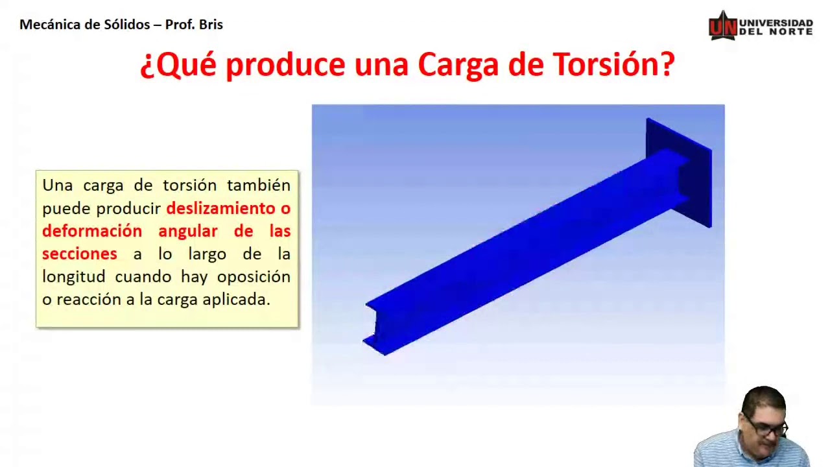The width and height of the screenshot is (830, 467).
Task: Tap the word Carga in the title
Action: [x=462, y=65]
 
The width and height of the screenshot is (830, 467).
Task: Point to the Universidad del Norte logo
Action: [x=760, y=26]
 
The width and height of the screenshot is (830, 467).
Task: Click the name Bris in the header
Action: [x=210, y=25]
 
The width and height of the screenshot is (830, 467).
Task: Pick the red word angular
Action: [x=188, y=231]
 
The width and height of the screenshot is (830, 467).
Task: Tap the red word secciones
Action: [x=79, y=254]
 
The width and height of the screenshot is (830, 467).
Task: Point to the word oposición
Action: [x=254, y=277]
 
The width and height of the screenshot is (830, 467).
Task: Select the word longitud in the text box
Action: [x=73, y=277]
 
